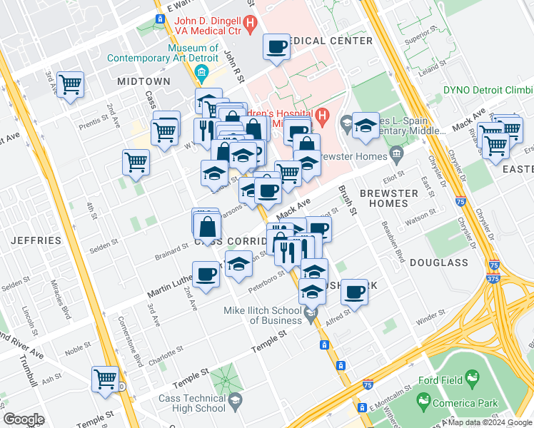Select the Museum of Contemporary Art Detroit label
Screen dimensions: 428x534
[203, 53]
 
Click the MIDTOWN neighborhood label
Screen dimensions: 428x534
[144, 81]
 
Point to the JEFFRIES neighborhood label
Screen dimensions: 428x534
[36, 240]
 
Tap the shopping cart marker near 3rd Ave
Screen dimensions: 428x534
[70, 86]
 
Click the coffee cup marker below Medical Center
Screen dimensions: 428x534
[276, 48]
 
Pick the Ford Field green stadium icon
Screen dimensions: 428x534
[471, 377]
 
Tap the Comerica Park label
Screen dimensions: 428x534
[468, 403]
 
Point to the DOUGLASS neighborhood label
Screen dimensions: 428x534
[439, 263]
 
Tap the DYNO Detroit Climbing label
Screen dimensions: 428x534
[488, 90]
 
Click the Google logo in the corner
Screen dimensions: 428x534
[24, 419]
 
